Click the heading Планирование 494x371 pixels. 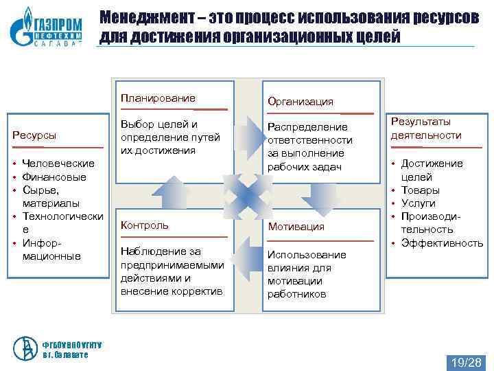[x=157, y=98]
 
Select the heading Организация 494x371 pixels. [x=301, y=102]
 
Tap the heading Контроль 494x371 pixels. [x=144, y=225]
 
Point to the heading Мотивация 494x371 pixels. [x=296, y=226]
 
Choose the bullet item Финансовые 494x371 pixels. [x=54, y=177]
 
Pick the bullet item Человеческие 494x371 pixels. [x=58, y=164]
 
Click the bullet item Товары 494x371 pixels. [x=420, y=190]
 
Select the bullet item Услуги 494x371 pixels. [x=418, y=203]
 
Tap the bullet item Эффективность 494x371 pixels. [x=442, y=243]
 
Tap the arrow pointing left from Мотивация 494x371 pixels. [x=248, y=254]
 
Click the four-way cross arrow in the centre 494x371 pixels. [x=243, y=193]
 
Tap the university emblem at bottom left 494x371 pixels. [x=27, y=348]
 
